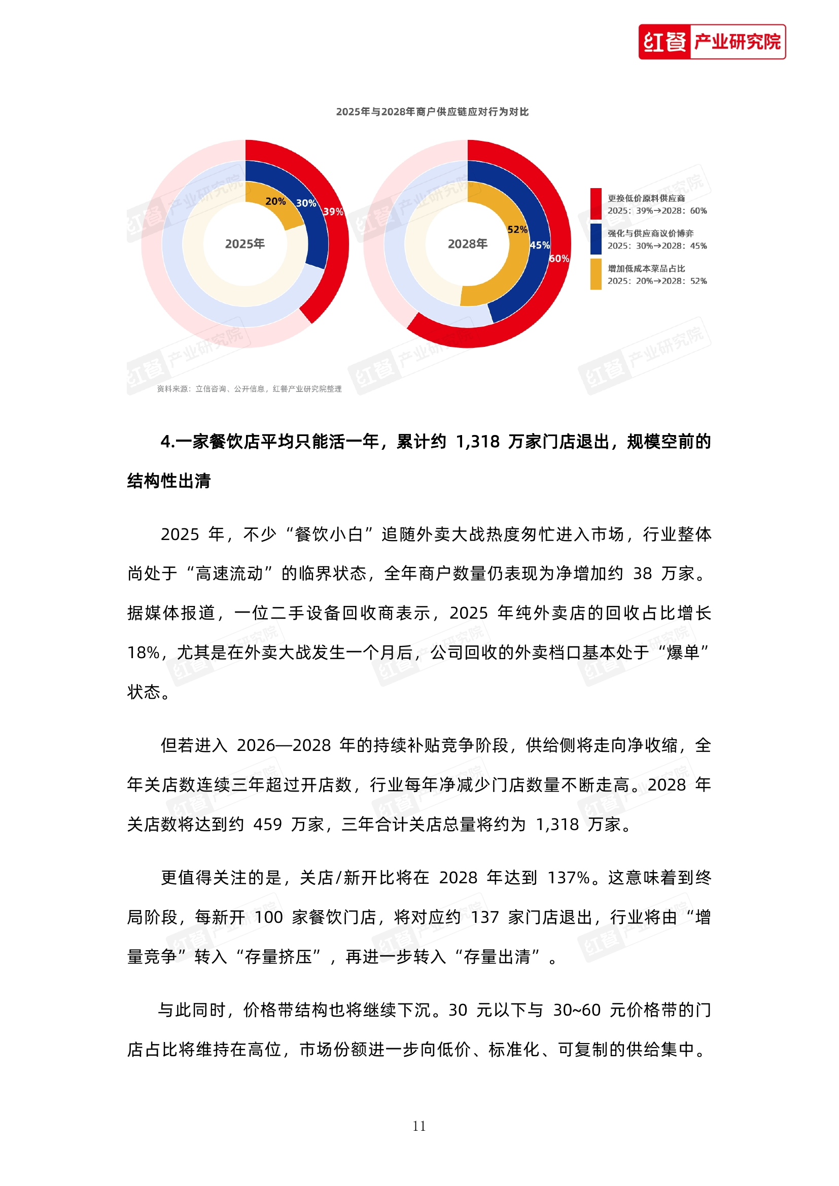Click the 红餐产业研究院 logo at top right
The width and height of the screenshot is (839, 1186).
pos(711,42)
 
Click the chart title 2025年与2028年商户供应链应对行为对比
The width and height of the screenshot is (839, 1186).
pos(432,112)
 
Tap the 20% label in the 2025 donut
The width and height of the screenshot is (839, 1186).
pos(275,201)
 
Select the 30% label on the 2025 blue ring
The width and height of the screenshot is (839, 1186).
pos(306,203)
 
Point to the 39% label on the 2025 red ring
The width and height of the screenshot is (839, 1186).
pos(333,211)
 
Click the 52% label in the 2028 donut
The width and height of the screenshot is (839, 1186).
pos(517,230)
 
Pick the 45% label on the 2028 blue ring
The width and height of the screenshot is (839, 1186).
pos(539,245)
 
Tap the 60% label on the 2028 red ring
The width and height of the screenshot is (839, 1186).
pos(559,259)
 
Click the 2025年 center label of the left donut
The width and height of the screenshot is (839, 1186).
pos(245,244)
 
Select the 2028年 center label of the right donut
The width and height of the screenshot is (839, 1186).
pos(468,244)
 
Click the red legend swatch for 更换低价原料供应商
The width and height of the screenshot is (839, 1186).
pos(596,204)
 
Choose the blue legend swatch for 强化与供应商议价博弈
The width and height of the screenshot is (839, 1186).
pos(596,239)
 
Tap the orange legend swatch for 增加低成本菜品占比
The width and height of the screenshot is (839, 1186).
pos(596,274)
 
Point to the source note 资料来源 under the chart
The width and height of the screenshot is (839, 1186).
pos(249,389)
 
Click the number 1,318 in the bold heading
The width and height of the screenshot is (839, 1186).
pos(477,442)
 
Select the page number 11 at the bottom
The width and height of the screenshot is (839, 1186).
pos(419,1126)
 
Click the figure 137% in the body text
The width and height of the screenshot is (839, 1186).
pos(568,878)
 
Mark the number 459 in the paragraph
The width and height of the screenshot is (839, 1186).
pos(267,825)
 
